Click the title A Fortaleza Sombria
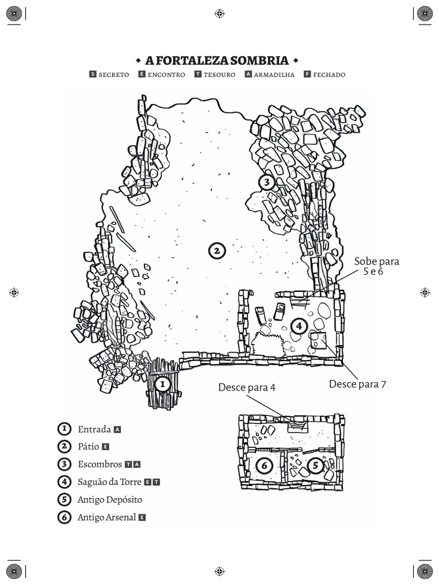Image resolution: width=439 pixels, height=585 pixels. coord(217,61)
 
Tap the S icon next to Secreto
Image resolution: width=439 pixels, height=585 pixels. coord(93,74)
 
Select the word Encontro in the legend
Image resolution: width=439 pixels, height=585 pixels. coord(166,75)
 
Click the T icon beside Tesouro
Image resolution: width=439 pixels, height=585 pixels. coord(197,74)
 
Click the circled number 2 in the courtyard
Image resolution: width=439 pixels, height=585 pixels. coord(216,251)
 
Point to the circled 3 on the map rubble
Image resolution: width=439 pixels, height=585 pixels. coord(266,182)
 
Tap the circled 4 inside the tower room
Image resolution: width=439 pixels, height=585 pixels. coord(298,326)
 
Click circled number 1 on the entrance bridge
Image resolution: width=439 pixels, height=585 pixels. coord(162,384)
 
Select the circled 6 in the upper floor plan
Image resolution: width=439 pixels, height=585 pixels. coord(264,466)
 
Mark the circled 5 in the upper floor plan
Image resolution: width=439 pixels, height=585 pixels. coord(316,466)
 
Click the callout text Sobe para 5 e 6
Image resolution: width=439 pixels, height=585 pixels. coord(376,266)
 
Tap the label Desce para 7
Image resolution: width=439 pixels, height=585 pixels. coord(357,384)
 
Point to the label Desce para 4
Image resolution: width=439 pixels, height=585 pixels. coord(246,387)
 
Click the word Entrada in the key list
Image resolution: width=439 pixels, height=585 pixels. coord(94,429)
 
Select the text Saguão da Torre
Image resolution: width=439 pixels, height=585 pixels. coord(109,482)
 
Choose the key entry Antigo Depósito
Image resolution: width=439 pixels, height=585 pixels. coord(110,499)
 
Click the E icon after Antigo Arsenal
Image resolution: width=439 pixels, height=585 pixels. coord(142,517)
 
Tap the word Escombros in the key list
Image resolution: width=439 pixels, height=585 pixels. coord(99,464)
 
